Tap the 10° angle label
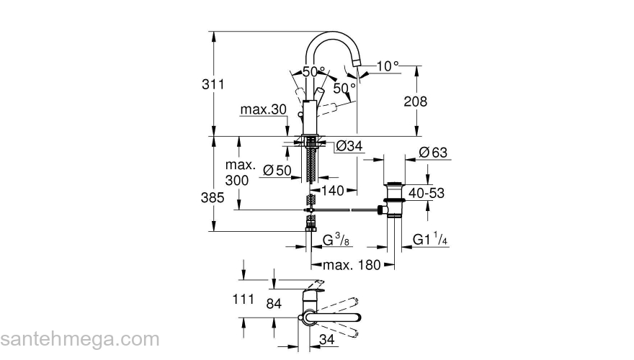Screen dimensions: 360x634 click(386, 66)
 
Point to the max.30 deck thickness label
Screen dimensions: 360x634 click(263, 110)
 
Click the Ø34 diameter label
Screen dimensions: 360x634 click(349, 147)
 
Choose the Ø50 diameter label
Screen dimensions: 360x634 click(277, 171)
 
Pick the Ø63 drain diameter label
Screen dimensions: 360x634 click(433, 152)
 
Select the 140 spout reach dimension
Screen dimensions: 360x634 click(332, 191)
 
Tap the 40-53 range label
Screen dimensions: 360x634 click(427, 193)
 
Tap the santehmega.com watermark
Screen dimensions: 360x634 click(79, 338)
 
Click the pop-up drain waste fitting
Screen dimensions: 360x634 click(393, 199)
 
